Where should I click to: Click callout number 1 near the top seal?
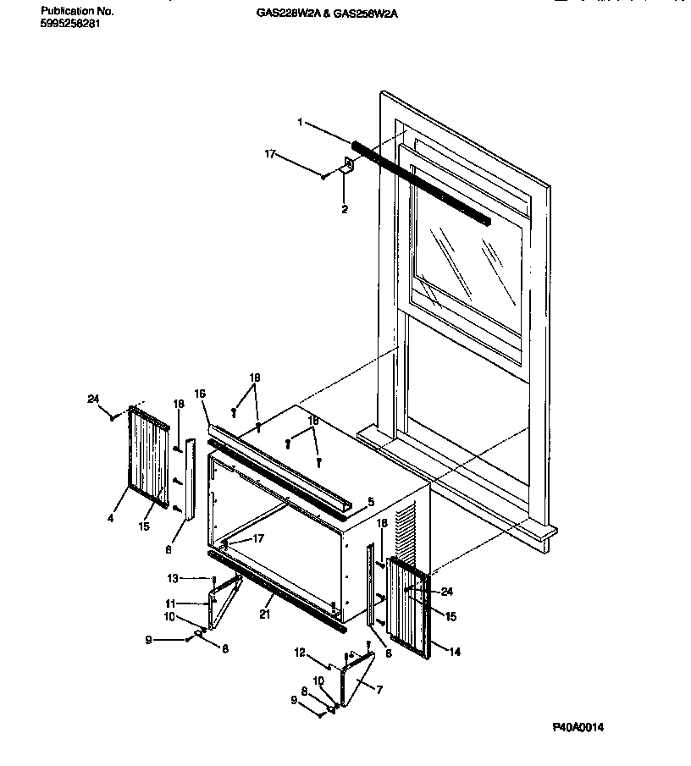pos(299,122)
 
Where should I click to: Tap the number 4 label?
pos(110,517)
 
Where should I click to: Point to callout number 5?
pos(371,501)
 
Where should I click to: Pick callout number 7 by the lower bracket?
pos(379,690)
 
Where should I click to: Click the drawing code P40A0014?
pos(581,727)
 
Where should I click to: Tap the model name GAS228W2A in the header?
pos(282,13)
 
